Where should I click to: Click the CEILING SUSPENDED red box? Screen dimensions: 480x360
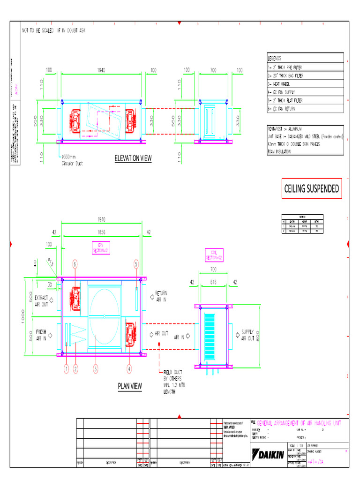(311, 188)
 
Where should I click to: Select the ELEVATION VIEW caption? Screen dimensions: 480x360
(133, 158)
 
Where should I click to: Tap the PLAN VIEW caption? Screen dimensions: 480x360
(130, 386)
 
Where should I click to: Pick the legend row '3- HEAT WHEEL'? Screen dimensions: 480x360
(278, 84)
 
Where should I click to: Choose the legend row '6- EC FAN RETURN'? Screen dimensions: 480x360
(281, 109)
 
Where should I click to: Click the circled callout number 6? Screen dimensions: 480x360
(75, 264)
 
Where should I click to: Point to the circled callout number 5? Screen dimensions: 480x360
(136, 264)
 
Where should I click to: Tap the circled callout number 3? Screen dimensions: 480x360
(96, 369)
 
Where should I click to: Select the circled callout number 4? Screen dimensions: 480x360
(130, 369)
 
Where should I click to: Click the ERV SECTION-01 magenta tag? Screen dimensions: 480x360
(100, 248)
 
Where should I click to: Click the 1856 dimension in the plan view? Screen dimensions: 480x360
(101, 232)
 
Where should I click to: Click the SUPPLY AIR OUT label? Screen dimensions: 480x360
(247, 334)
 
